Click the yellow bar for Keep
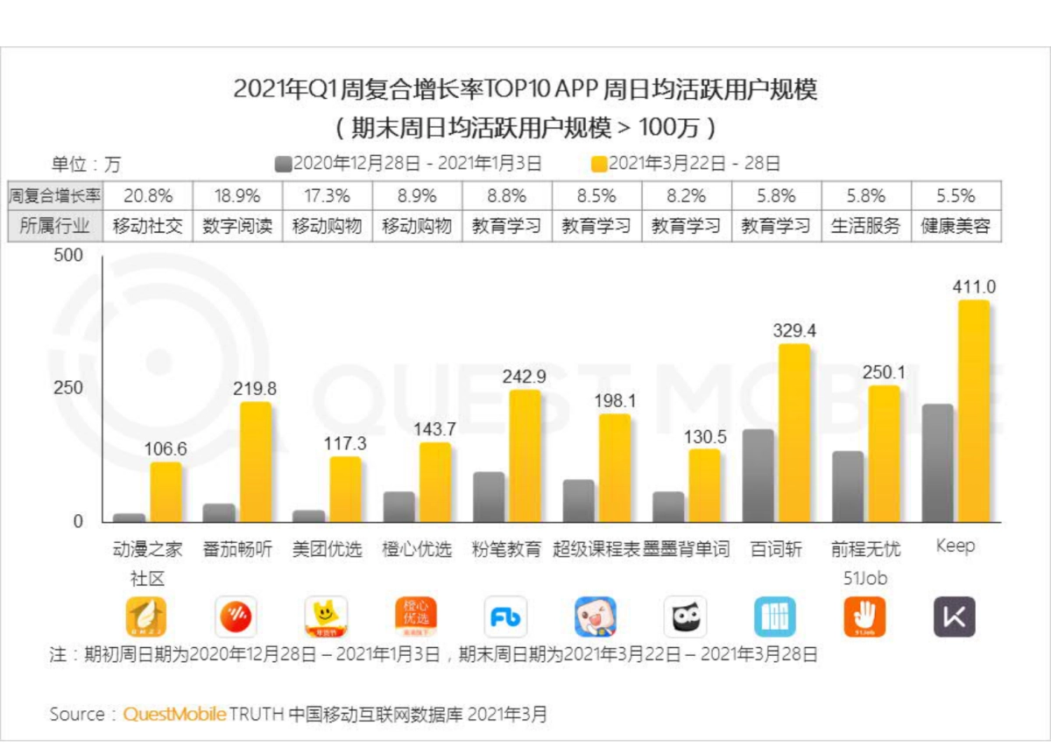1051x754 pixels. (973, 412)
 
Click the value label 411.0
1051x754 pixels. (974, 287)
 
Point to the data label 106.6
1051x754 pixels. (166, 449)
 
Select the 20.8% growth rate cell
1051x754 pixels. (147, 195)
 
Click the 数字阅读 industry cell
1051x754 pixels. (237, 226)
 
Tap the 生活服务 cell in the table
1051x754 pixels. (865, 226)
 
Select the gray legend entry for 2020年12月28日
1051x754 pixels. (408, 164)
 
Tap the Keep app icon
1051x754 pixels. (954, 617)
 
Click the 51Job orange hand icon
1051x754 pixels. (864, 617)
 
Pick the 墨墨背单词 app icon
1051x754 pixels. (685, 617)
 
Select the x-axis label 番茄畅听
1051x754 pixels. (237, 549)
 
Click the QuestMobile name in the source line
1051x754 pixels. (174, 715)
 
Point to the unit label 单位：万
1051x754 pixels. (86, 164)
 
